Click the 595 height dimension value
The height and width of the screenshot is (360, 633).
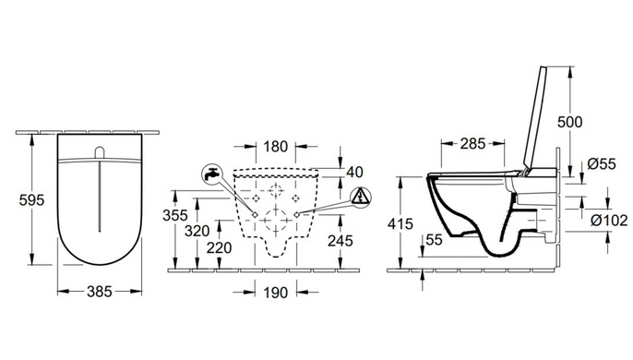[x=31, y=200]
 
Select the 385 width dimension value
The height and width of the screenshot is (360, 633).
[x=100, y=292]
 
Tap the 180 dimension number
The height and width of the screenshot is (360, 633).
[x=276, y=146]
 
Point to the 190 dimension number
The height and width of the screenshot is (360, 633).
[x=276, y=292]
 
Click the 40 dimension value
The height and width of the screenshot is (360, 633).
[x=355, y=172]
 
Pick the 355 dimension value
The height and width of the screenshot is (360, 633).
[x=175, y=215]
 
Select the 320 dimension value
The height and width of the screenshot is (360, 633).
[x=197, y=231]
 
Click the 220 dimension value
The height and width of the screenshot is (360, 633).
[x=220, y=247]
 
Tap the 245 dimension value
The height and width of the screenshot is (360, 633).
[x=340, y=241]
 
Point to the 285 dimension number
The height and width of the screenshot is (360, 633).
[x=472, y=143]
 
